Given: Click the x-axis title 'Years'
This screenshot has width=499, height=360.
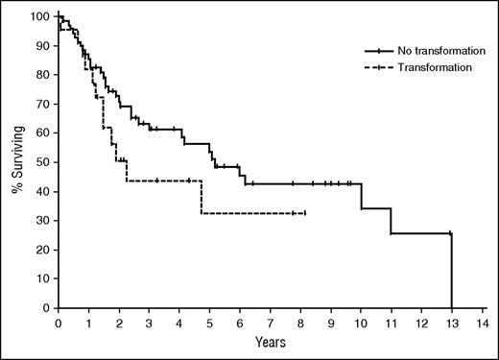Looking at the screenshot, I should coord(270,340).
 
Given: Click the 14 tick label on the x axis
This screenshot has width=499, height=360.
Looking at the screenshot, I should coord(482,323).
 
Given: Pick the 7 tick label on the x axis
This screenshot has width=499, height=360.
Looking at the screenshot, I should coord(271,323).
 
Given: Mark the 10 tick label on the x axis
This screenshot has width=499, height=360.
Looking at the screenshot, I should coord(361,323).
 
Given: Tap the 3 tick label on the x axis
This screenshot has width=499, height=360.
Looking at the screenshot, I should coord(149,323).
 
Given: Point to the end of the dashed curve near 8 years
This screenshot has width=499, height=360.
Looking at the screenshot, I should coord(304,213).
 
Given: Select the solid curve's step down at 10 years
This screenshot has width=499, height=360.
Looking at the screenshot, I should coord(361,196).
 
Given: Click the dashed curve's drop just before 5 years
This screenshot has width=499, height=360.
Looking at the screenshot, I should coord(202,197).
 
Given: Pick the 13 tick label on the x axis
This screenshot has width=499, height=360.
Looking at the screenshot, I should coord(451,323).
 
